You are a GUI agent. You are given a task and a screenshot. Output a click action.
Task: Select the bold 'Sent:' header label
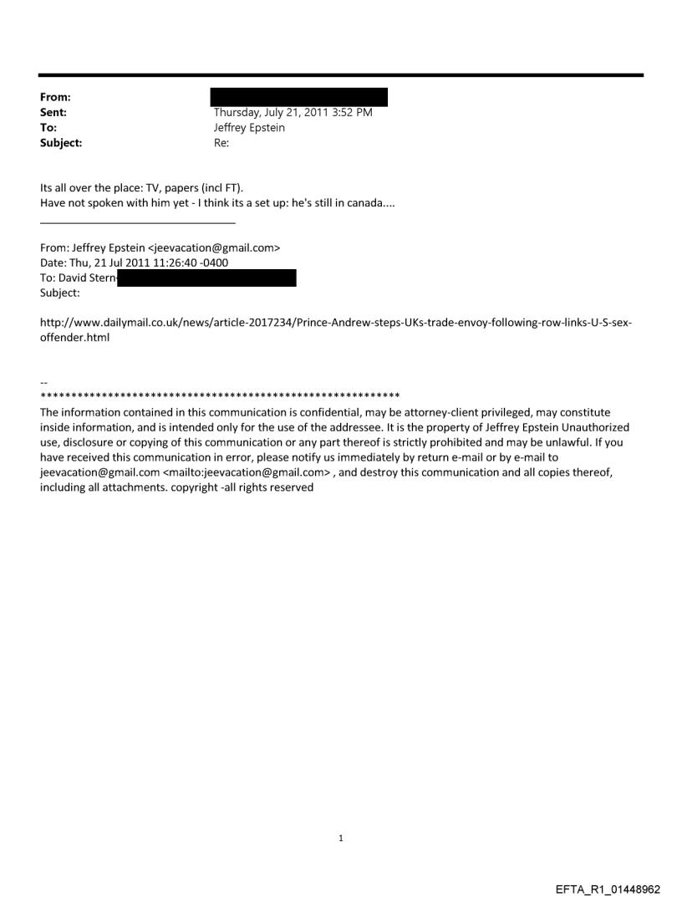tap(53, 113)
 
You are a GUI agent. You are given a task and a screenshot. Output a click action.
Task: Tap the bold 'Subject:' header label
tap(60, 143)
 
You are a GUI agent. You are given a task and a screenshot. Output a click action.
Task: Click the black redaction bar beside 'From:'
tap(298, 96)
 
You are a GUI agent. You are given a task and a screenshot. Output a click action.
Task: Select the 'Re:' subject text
tap(222, 143)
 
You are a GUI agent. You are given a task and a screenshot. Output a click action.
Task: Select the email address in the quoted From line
tap(214, 248)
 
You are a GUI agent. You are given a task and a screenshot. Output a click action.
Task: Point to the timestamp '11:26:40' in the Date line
tap(176, 263)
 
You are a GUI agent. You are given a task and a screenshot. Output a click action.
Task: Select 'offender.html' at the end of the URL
tap(75, 339)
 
